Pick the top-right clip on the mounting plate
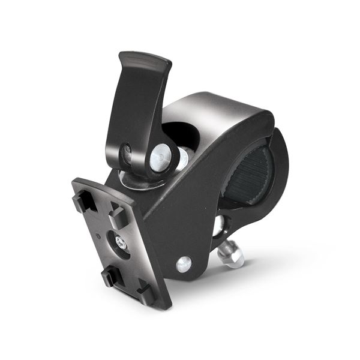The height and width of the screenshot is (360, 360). (119, 217)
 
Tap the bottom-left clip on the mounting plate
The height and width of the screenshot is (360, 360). (112, 276)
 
